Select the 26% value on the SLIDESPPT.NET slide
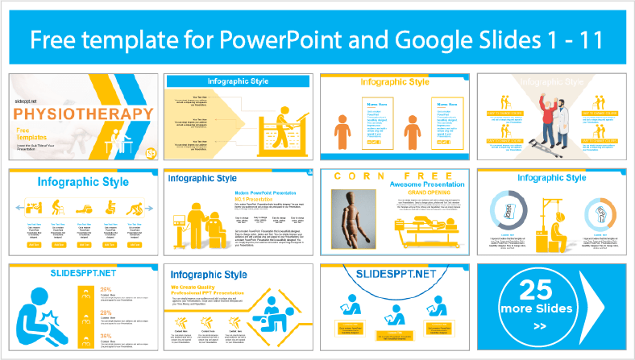click(x=104, y=267)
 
